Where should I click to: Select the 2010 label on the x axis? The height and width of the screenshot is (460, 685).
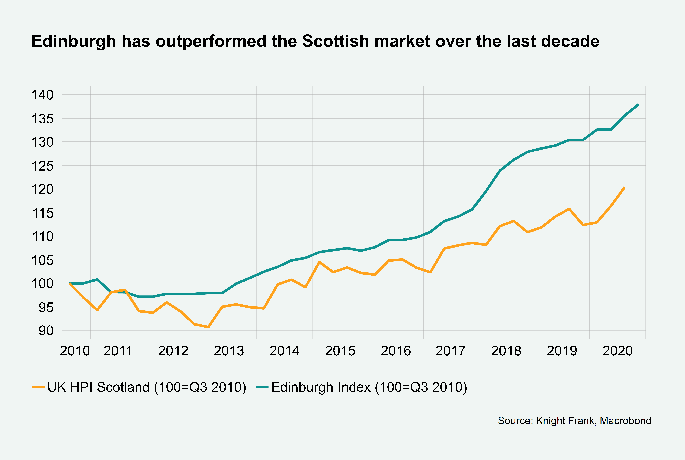coord(75,351)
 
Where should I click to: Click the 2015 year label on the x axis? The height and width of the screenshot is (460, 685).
coord(340,351)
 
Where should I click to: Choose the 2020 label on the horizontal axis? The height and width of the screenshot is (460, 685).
coord(617,351)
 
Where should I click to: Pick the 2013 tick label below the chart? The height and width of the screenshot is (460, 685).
coord(229,351)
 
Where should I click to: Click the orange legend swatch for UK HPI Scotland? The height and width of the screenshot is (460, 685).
coord(38,387)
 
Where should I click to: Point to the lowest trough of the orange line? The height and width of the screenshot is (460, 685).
coord(208,327)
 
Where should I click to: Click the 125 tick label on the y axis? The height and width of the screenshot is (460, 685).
coord(42,166)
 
